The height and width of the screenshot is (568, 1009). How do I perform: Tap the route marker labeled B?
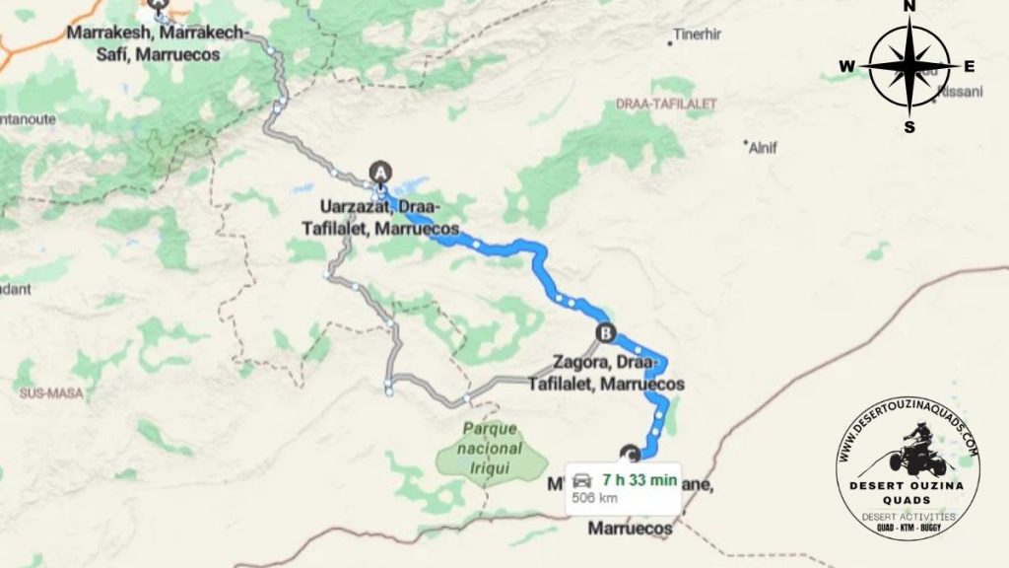point(605,332)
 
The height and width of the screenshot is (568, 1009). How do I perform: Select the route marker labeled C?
point(631,454)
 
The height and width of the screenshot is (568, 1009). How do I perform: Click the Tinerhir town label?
point(698,35)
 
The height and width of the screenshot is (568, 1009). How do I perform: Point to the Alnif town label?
point(764,148)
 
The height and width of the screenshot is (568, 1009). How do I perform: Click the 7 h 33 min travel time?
point(639,480)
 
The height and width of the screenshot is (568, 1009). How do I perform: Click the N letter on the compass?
point(909,8)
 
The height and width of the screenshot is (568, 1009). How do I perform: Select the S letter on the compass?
point(909,126)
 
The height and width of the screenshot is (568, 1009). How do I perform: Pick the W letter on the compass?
point(846,67)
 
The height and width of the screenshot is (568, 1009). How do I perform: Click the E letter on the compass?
point(969,67)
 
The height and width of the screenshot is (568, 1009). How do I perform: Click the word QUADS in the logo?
point(908,499)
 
